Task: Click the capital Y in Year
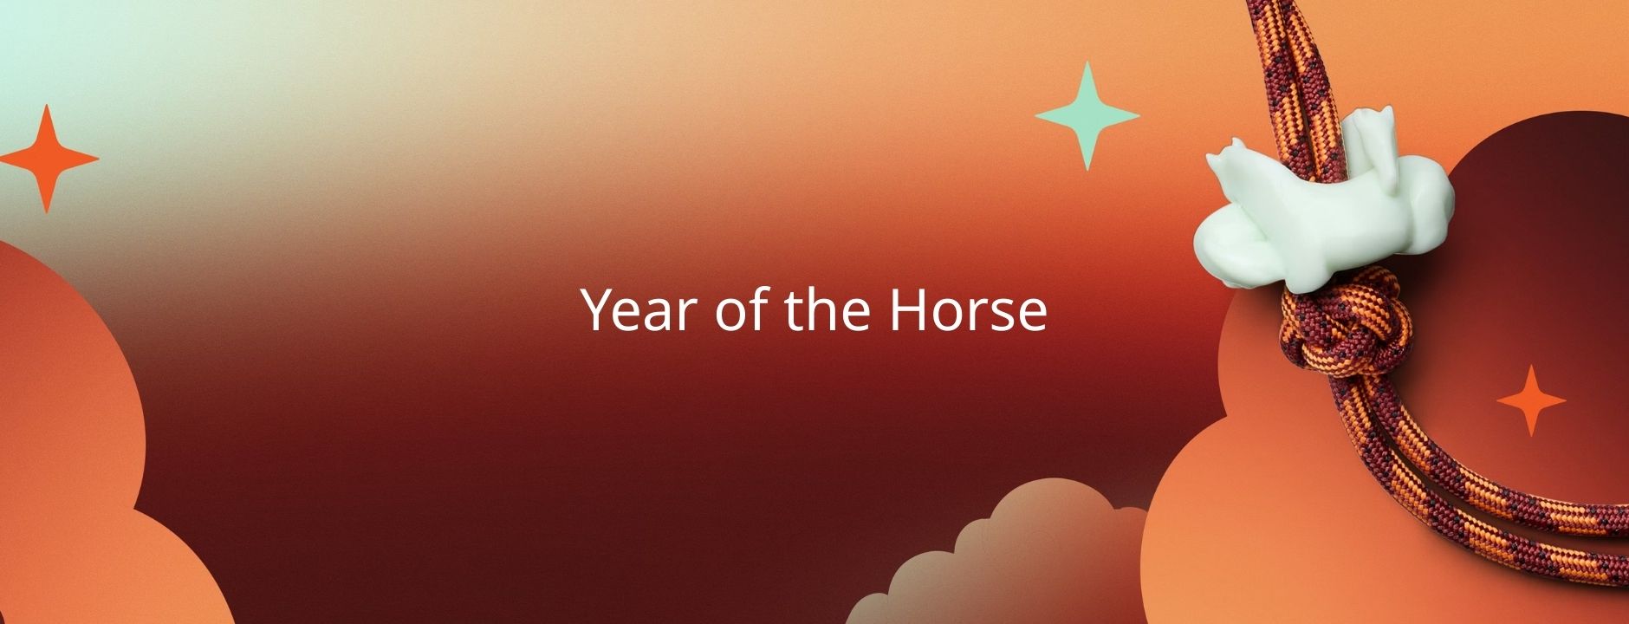tap(599, 309)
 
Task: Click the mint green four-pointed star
tap(1087, 115)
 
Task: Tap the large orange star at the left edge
tap(48, 159)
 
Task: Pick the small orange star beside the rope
tap(1531, 400)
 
